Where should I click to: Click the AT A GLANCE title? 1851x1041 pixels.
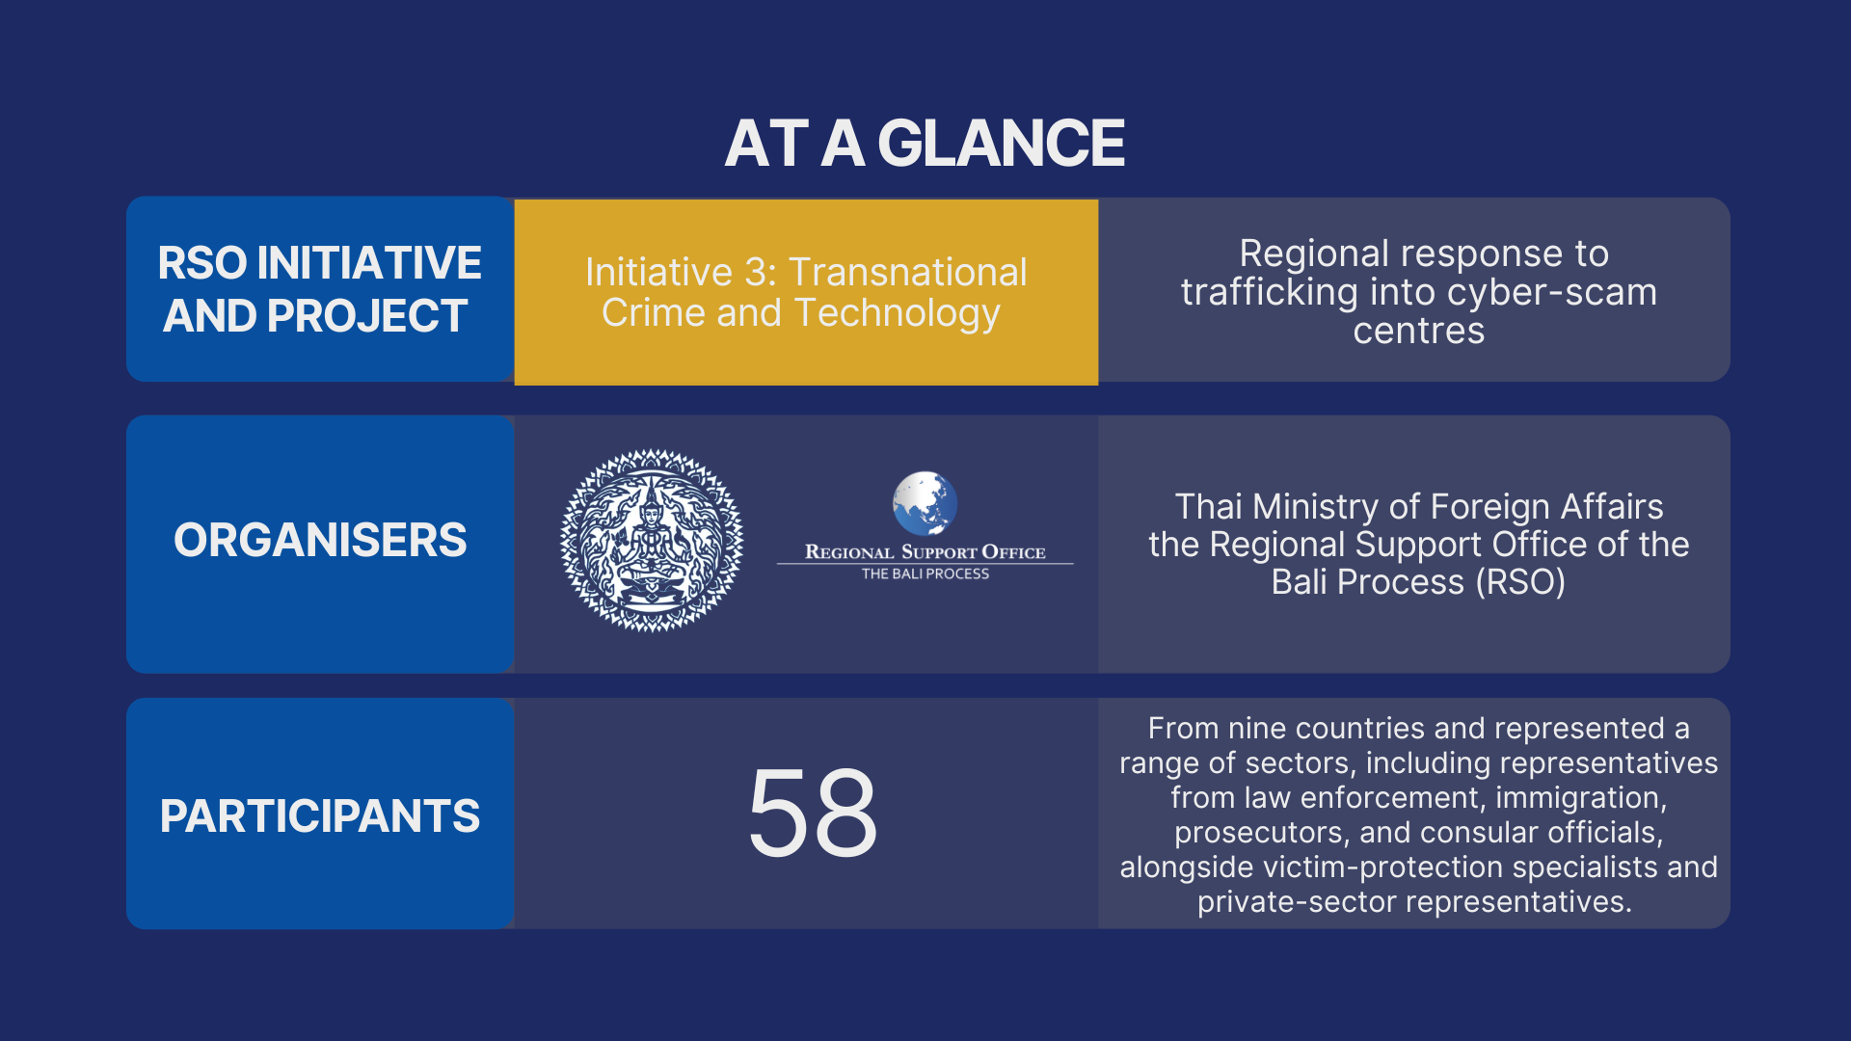coord(925,144)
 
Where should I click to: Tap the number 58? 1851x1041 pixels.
coord(813,813)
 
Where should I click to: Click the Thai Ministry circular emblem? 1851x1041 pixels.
coord(652,540)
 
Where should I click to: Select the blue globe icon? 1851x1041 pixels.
coord(925,502)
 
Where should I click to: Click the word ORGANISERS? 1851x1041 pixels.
coord(320,540)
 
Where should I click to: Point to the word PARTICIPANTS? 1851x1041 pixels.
coord(320,816)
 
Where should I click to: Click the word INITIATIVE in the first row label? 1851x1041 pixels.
coord(369,263)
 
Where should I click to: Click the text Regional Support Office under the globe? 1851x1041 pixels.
coord(925,552)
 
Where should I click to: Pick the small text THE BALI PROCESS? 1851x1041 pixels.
coord(925,574)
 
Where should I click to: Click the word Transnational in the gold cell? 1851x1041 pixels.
coord(908,273)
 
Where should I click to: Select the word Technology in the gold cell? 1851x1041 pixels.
coord(898,314)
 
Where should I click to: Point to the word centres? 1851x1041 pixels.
coord(1419,332)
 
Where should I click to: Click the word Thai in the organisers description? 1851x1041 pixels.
coord(1209,507)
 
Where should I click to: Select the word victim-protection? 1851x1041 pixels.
coord(1383,867)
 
